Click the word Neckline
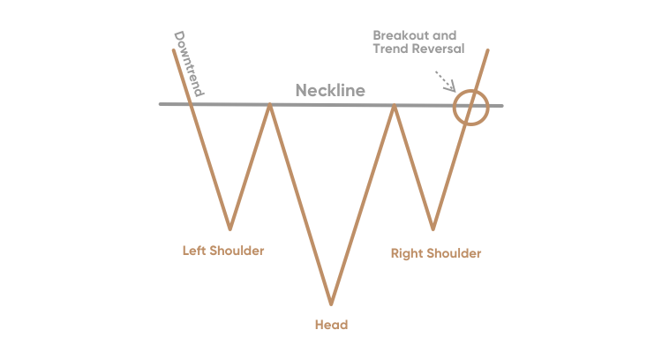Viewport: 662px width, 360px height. coord(329,90)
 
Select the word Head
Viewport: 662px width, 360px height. coord(331,325)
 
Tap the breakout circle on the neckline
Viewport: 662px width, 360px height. coord(470,108)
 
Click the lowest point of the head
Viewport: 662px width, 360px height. coord(330,304)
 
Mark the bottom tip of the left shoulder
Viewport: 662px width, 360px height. coord(229,229)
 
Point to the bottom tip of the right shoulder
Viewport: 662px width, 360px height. coord(432,229)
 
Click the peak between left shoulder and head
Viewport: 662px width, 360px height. coord(269,105)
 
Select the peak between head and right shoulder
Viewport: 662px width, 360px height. coord(393,106)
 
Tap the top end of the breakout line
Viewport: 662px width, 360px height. coord(488,50)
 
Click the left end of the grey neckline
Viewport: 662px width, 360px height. coord(160,104)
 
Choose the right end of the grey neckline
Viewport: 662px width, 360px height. coord(503,106)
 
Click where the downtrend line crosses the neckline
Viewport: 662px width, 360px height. coord(190,104)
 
